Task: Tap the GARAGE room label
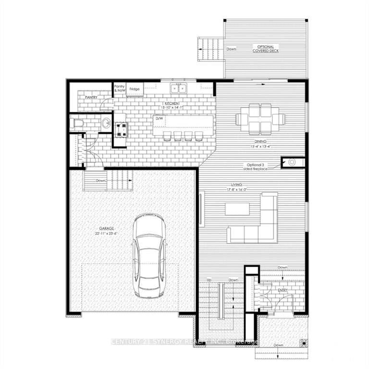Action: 102,229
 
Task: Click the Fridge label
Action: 135,89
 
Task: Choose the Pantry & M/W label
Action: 119,88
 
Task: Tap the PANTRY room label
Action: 91,97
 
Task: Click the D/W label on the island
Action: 159,118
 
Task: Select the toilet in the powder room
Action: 77,124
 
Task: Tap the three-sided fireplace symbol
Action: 292,162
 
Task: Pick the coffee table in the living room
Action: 237,209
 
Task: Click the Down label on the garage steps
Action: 100,181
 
